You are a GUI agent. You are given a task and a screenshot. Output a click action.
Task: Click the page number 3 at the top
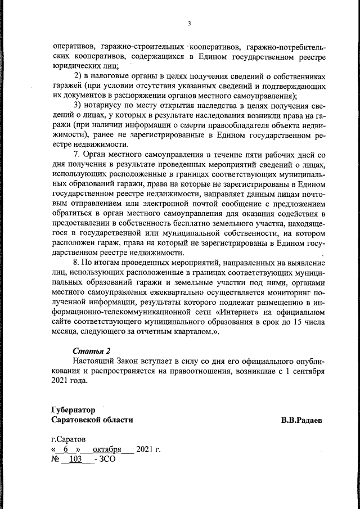[x=189, y=23]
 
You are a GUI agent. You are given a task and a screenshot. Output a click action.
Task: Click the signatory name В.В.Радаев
[x=303, y=420]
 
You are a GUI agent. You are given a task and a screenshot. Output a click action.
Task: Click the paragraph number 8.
[x=78, y=262]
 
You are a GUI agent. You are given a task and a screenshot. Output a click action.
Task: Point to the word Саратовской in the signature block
[x=74, y=420]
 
